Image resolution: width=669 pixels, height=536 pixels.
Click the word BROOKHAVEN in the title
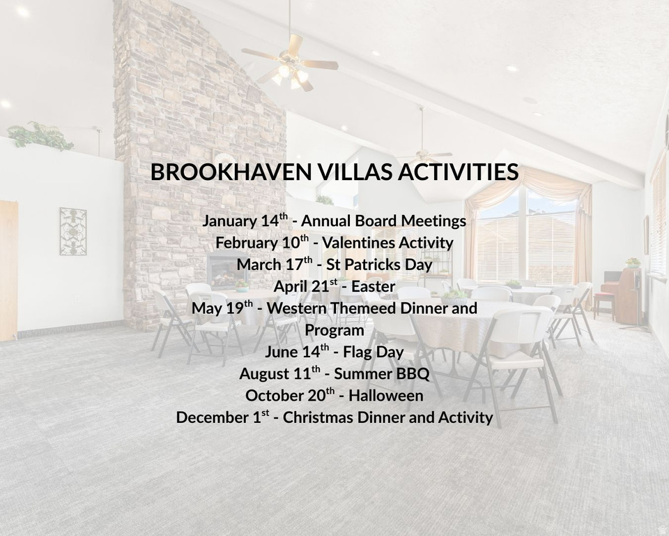click(231, 172)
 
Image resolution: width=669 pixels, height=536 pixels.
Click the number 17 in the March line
click(294, 265)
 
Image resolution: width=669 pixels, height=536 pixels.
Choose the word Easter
click(374, 286)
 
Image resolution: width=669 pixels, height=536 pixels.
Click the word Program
click(334, 330)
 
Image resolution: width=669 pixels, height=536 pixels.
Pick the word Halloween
click(385, 396)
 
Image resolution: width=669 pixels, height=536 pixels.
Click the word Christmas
click(318, 417)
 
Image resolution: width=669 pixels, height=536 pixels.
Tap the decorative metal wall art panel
click(73, 231)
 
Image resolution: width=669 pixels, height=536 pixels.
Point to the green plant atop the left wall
click(40, 136)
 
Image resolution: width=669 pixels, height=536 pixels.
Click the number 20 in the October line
click(316, 396)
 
